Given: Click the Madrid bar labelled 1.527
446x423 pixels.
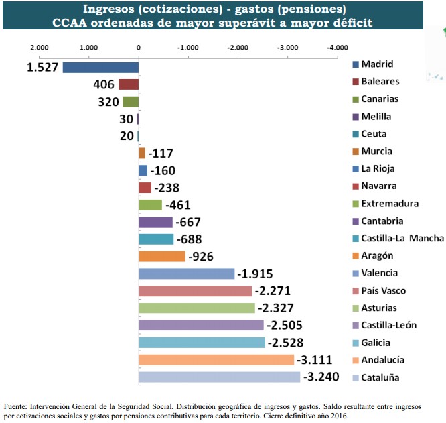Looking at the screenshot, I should (100, 67).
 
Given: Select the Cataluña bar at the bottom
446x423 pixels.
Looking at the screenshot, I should (219, 377).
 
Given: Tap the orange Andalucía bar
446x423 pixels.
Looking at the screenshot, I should (216, 360).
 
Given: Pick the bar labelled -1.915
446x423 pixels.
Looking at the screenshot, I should (186, 274).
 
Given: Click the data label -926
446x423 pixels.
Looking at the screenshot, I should (201, 257).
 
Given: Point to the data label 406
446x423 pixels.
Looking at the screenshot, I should (104, 84).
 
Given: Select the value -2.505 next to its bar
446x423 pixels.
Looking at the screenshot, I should (285, 326).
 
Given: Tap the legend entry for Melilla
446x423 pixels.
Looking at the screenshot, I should (376, 117).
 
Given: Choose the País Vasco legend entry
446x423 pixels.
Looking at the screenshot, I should (383, 291).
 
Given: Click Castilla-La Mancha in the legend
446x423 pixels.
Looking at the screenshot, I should (402, 238).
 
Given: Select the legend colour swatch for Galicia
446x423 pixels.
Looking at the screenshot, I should (356, 343).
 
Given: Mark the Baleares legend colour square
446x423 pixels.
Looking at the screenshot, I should (356, 82).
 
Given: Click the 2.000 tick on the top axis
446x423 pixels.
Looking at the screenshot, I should (39, 48).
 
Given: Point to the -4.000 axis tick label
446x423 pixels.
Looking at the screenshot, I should (337, 48).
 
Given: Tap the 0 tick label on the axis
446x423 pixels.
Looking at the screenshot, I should (138, 48).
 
